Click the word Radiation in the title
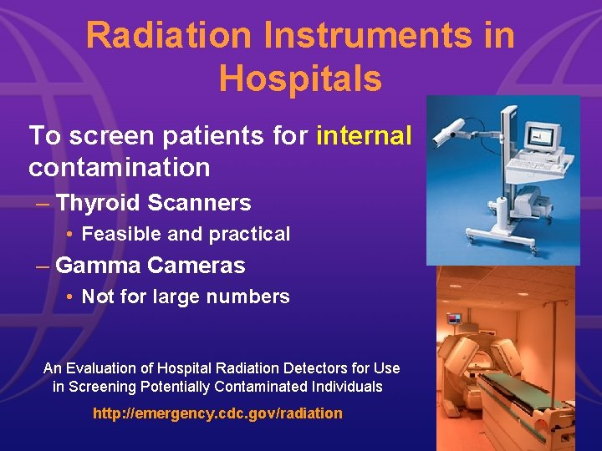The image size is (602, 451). [168, 36]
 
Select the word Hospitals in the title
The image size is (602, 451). [300, 79]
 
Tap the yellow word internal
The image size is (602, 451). [364, 135]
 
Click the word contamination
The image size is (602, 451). [119, 167]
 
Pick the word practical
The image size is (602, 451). [250, 235]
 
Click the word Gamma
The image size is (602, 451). [97, 266]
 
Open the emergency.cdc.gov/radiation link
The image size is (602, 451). [217, 413]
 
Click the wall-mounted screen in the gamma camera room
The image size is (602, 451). [454, 318]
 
